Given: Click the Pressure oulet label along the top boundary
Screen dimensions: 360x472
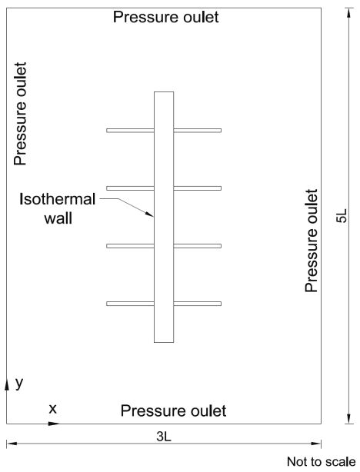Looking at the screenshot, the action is pos(165,17).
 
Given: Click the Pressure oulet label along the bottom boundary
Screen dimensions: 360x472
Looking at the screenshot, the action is pos(173,411).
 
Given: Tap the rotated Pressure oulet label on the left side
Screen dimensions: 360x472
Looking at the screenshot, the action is pos(20,114).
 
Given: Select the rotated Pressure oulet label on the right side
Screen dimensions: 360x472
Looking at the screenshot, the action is pos(312,241).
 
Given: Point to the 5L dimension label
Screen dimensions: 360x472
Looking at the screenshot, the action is pos(342,215).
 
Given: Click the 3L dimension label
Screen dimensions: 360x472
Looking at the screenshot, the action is pos(164,436).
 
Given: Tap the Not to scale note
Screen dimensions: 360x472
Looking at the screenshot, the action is pos(321,461).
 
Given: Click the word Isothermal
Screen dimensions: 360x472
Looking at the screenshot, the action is pos(57,199).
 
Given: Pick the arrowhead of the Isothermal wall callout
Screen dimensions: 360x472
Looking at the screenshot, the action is pos(149,214).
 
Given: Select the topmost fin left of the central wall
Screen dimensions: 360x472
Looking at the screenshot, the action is pos(130,131).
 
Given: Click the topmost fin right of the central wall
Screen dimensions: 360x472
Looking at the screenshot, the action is pos(198,131).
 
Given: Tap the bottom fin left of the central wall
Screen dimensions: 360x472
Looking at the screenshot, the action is pos(130,304).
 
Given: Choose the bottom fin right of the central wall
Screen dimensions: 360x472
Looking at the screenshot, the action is pos(198,304).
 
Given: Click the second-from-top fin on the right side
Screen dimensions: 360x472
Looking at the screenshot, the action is pos(198,188).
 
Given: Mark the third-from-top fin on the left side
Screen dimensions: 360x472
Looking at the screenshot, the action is pos(130,246).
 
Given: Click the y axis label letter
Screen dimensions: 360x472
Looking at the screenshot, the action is pos(19,383).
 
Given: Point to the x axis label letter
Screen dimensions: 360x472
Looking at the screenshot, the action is pos(53,409).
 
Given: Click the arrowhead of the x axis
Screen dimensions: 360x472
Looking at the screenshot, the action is pos(54,424).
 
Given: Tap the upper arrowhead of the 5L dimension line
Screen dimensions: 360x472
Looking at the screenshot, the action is pos(349,13).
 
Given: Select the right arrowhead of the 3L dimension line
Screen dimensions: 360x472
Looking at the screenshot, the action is pos(315,444).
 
